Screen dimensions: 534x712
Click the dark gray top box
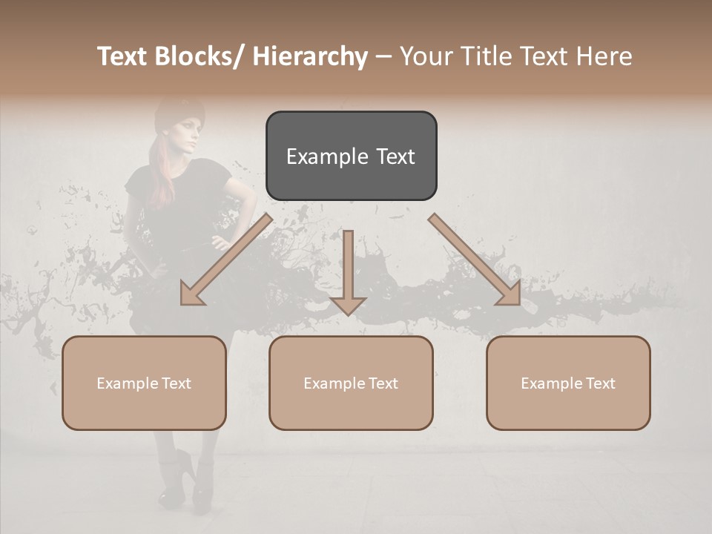pos(351,156)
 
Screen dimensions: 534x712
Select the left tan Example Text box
pos(144,383)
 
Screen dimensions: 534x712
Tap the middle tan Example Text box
pos(351,383)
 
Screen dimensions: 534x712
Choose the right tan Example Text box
pos(568,383)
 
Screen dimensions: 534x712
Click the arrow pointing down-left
pos(225,260)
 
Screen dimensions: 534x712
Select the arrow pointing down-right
pos(475,260)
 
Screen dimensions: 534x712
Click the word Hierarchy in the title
pos(310,56)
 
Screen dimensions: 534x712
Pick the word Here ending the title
pos(604,56)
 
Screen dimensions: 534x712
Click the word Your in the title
pos(427,56)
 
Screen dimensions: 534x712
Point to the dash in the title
pos(383,56)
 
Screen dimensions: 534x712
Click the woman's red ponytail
pos(159,171)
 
